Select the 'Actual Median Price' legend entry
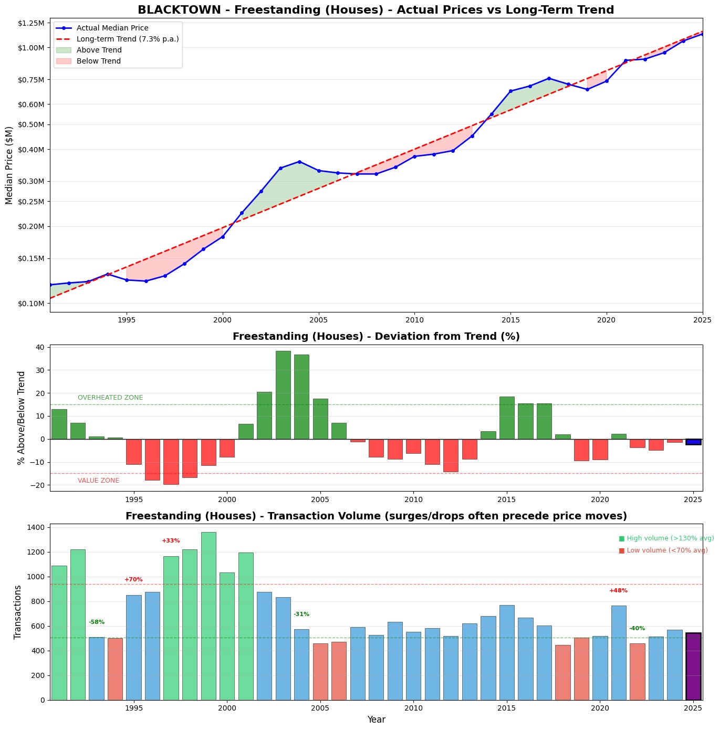(112, 28)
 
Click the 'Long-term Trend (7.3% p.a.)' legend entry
(128, 39)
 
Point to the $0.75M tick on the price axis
(32, 80)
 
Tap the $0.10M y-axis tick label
(32, 304)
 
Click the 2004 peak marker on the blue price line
(299, 162)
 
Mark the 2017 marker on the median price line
(549, 78)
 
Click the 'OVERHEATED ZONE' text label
(110, 398)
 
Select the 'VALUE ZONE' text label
(98, 481)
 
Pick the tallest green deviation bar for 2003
(283, 395)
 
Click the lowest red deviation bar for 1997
(171, 462)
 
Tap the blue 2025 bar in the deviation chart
(693, 442)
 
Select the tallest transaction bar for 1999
(209, 616)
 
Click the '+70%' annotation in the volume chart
(133, 580)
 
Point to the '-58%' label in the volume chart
(97, 622)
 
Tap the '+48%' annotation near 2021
(618, 591)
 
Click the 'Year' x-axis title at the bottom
(376, 719)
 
